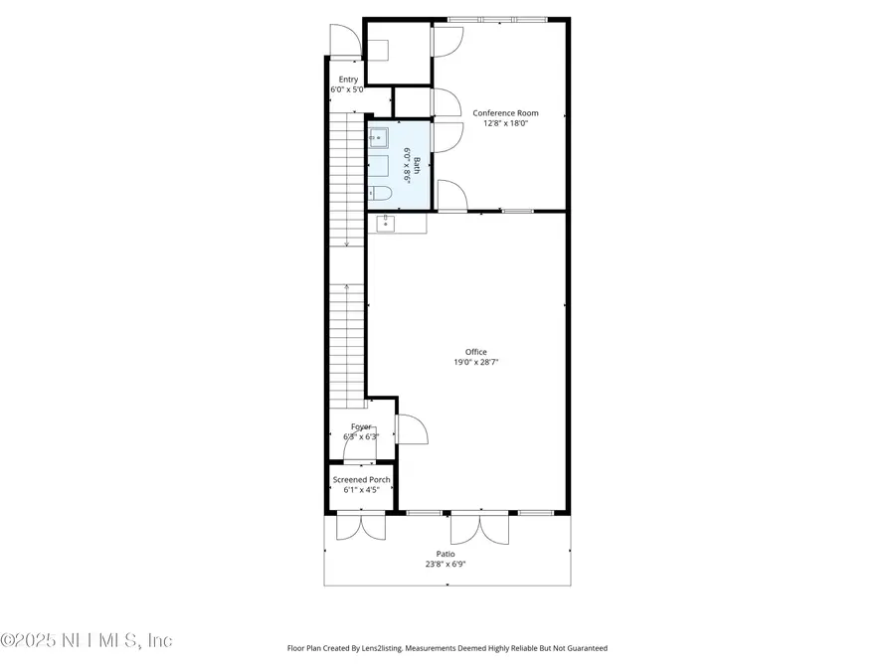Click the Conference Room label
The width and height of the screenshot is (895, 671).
click(505, 113)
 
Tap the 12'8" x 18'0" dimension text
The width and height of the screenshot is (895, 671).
click(505, 124)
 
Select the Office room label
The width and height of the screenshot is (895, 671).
click(476, 352)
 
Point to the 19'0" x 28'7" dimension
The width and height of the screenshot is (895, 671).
click(476, 363)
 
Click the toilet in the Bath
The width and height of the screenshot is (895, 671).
click(379, 193)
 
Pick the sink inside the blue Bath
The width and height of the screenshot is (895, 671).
click(379, 137)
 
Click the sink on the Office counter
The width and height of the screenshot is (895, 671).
click(385, 224)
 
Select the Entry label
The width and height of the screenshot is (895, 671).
click(348, 80)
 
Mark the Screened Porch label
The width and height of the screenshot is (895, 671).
click(361, 479)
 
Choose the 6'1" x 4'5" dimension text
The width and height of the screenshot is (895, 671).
click(361, 490)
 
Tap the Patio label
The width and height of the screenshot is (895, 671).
click(446, 554)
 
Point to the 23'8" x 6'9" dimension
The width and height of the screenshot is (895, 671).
click(446, 565)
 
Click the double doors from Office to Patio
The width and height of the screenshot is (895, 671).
click(479, 527)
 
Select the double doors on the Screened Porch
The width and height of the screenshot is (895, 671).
click(360, 526)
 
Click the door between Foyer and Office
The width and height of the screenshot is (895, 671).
click(412, 429)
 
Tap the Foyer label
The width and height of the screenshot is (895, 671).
click(360, 426)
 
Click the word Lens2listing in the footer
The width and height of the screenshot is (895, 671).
click(381, 648)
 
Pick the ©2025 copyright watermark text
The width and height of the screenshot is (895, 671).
click(87, 641)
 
